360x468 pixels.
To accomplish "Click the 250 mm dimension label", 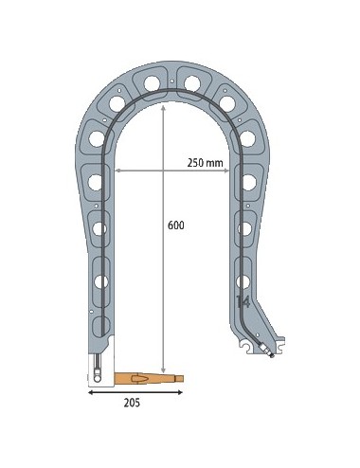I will [205, 163].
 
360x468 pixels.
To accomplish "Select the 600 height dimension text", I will [174, 226].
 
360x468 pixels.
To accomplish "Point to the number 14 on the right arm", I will [243, 301].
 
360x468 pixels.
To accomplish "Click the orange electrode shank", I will [142, 378].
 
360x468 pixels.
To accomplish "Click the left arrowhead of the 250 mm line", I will [117, 171].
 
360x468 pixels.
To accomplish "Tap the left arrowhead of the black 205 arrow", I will [92, 389].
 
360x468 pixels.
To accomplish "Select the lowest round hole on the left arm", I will [99, 279].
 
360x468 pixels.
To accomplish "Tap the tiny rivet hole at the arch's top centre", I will [171, 82].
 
